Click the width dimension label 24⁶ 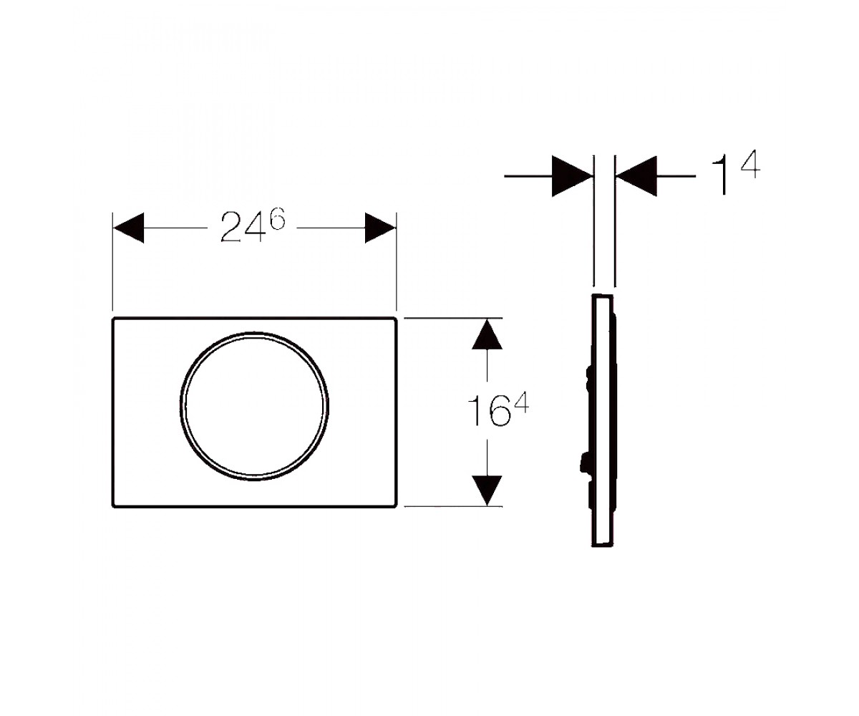253,227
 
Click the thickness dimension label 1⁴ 736,173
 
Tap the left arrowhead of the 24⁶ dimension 128,228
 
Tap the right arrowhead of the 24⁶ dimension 380,228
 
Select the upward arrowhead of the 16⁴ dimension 487,334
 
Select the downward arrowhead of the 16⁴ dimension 487,490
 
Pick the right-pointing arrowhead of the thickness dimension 572,176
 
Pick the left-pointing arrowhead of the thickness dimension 636,176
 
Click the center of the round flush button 254,407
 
